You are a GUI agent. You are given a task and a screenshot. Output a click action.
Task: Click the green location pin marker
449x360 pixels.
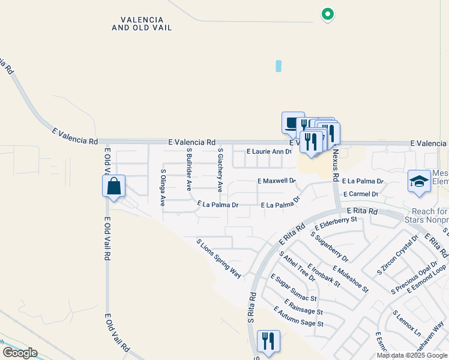[x=327, y=14]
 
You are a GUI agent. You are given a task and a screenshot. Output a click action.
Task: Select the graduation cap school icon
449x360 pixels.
[x=419, y=181]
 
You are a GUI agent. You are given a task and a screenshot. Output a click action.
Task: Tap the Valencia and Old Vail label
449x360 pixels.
[x=142, y=23]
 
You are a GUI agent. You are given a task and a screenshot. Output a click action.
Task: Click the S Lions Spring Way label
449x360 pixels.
[x=219, y=258]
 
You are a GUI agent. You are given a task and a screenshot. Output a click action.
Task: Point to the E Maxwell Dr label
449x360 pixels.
[x=277, y=181]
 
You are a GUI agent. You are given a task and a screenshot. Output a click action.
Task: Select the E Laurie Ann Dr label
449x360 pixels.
[x=269, y=151]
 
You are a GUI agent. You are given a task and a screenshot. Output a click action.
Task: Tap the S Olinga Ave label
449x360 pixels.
[x=163, y=187]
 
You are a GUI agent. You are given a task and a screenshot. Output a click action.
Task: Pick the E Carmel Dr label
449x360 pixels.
[x=360, y=194]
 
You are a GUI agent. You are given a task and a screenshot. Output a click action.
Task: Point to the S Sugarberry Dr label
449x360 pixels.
[x=330, y=246]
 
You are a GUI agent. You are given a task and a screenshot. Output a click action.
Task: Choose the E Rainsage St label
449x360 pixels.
[x=304, y=307]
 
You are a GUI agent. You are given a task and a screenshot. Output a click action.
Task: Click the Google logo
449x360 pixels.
[x=20, y=353]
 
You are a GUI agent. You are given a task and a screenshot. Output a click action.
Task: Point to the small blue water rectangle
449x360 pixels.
[x=279, y=66]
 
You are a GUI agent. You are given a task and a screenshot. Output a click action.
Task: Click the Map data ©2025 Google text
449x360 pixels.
[x=412, y=356]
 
